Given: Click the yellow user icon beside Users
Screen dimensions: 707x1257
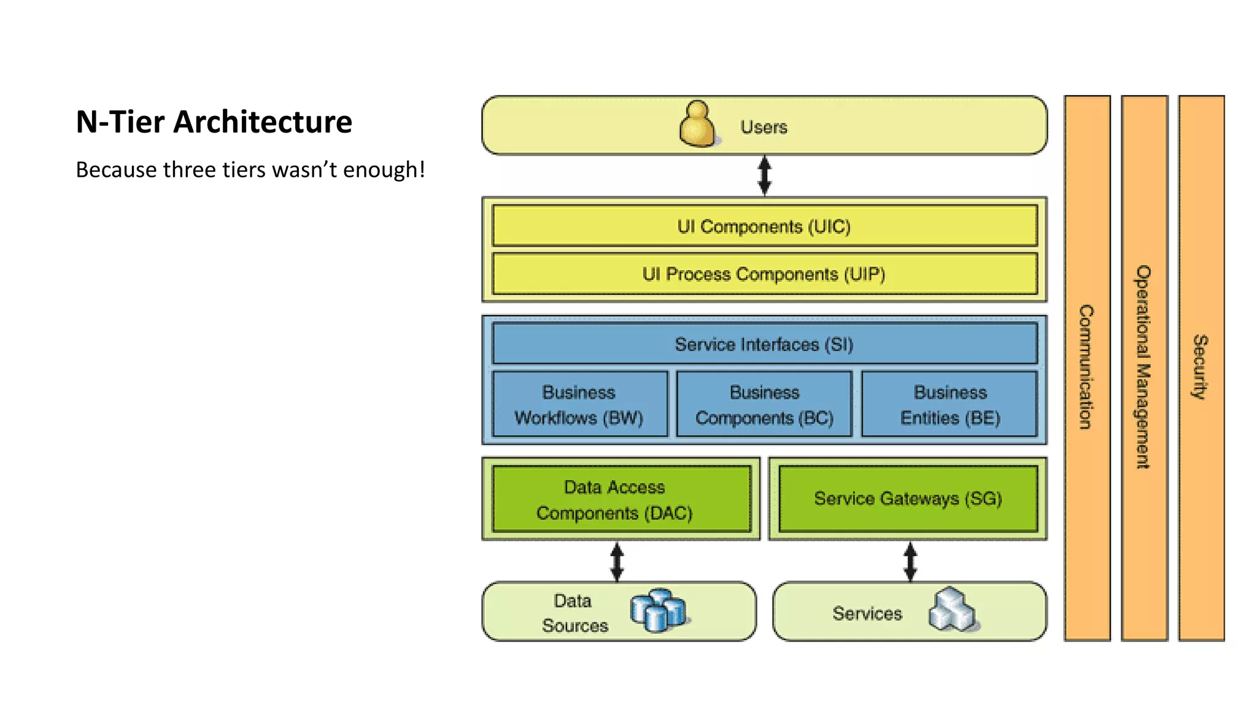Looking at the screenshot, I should pos(698,125).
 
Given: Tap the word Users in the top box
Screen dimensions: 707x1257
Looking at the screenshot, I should pos(764,127).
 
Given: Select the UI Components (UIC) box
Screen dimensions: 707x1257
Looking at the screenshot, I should pos(764,226).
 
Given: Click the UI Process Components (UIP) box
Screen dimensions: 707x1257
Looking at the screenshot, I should pos(764,274).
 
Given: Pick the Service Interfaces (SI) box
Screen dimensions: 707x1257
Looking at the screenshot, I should pos(764,344).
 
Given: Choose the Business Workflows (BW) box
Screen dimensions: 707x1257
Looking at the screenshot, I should pos(579,404).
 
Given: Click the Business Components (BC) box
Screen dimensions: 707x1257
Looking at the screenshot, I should pos(764,404).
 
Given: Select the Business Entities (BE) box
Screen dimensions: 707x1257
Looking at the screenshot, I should pos(950,404).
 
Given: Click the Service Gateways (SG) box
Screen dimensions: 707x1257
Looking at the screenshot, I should pos(908,498).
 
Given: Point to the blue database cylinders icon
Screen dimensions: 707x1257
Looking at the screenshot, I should pos(657,610).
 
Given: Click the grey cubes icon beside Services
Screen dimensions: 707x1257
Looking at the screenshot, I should pos(951,610).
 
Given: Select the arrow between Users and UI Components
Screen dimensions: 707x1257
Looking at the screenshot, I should pos(764,176).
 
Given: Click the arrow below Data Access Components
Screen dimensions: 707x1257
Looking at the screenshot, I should pos(617,562).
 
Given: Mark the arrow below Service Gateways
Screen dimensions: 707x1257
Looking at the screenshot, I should pos(910,562).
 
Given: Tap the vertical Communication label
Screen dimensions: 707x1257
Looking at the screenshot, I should pos(1086,367).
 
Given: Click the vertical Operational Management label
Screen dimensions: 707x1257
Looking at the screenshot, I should pos(1143,367).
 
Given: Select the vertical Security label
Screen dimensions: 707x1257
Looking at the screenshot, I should pos(1201,367).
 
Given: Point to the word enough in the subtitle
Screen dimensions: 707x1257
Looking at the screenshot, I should pos(380,170).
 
